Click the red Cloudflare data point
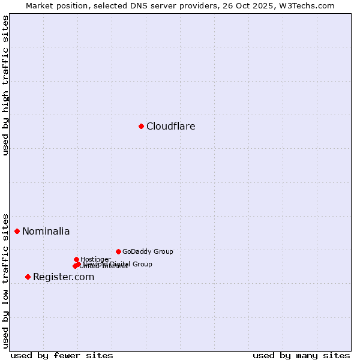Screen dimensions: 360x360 click(x=141, y=126)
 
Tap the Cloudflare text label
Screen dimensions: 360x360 click(x=171, y=127)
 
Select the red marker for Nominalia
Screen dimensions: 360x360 click(x=17, y=231)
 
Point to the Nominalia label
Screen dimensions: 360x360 click(x=46, y=232)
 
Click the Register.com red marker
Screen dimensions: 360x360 click(x=28, y=277)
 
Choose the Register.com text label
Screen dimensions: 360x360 click(x=64, y=277)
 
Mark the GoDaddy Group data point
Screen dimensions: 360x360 click(x=118, y=251)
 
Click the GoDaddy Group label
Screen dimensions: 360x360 click(x=148, y=252)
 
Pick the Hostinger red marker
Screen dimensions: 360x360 click(x=76, y=259)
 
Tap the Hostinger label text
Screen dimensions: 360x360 click(x=95, y=260)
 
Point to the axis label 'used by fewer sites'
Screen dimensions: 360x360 click(x=62, y=356)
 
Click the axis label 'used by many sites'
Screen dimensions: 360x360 click(x=301, y=356)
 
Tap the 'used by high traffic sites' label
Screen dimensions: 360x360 click(x=5, y=85)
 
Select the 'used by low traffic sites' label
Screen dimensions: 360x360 click(x=5, y=281)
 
